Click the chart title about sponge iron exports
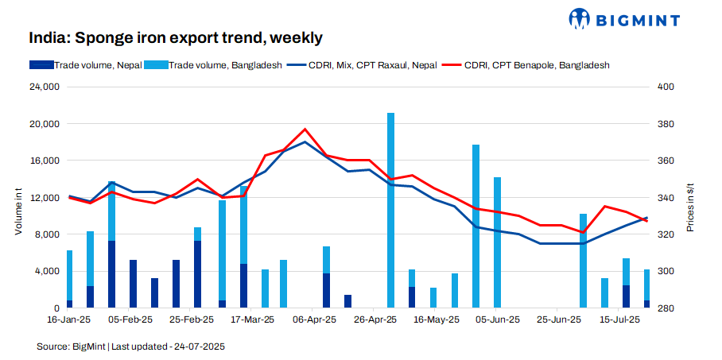(x=176, y=37)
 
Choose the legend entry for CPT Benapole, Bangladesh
(x=537, y=65)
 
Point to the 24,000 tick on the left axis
(x=45, y=87)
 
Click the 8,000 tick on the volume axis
(x=47, y=234)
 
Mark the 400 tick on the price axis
(x=665, y=87)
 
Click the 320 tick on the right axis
(x=665, y=234)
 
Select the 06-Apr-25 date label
(x=316, y=320)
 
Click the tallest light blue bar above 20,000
(x=390, y=207)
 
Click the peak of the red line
(x=305, y=129)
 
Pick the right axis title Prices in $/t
(x=690, y=208)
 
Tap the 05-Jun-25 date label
(x=497, y=320)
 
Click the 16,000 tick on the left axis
(x=45, y=161)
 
